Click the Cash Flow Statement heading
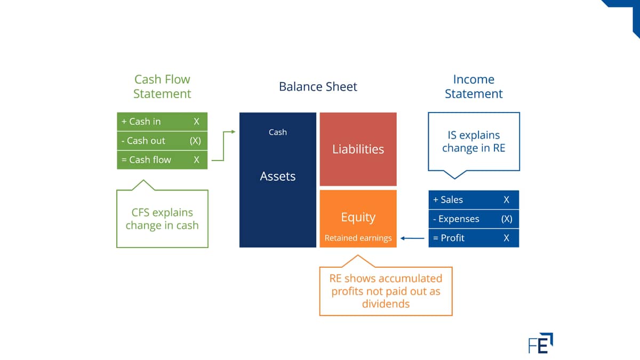(x=162, y=86)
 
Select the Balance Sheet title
(x=318, y=86)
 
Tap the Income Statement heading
(x=474, y=86)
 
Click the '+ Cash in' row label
(x=141, y=122)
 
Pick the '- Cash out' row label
(x=143, y=141)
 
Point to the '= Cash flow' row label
(x=146, y=159)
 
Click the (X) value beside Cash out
(x=195, y=141)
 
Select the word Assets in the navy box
(x=278, y=177)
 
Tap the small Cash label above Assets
(x=278, y=132)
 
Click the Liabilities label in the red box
(x=358, y=149)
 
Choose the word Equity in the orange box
(x=358, y=218)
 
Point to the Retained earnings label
(x=358, y=238)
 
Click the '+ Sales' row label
(x=447, y=199)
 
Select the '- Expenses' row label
(x=456, y=219)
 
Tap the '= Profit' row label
(x=449, y=238)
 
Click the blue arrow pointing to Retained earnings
(x=412, y=238)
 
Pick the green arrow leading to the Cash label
(x=223, y=146)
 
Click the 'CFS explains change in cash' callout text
(x=162, y=219)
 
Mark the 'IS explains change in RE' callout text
(x=474, y=141)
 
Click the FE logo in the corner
(x=541, y=343)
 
